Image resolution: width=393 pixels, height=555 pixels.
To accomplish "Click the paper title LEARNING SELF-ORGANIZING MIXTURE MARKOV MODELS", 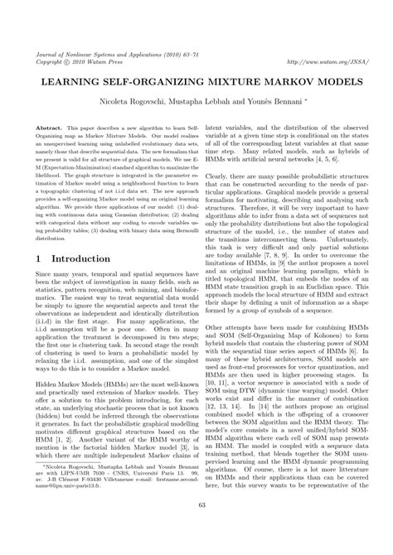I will click(x=196, y=85).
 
